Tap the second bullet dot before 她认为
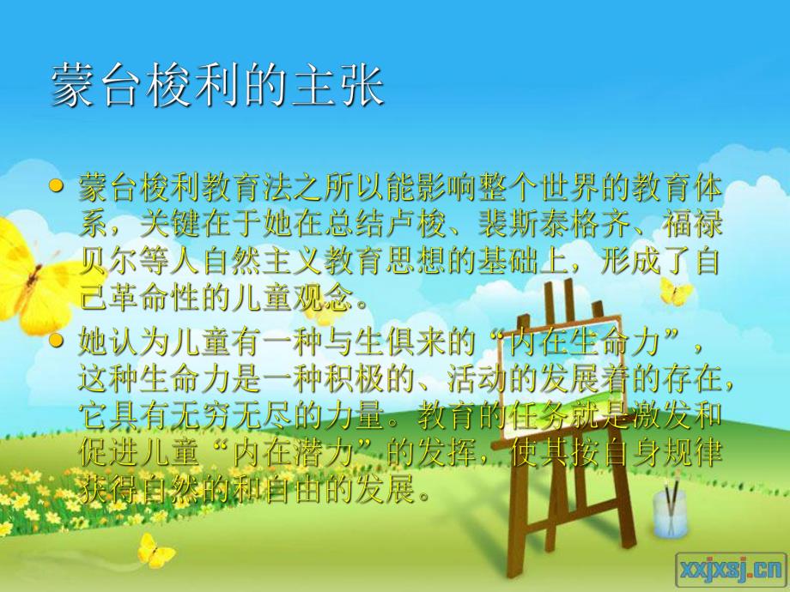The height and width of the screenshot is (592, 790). click(x=58, y=341)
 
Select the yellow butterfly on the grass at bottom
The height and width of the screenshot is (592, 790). click(x=155, y=549)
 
